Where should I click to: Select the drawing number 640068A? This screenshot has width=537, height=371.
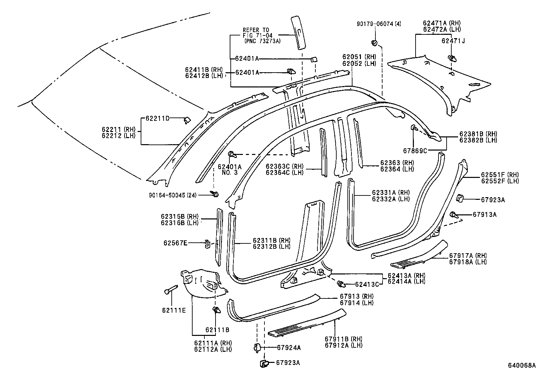pyautogui.click(x=522, y=365)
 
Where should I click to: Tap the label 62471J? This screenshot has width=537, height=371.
pyautogui.click(x=453, y=41)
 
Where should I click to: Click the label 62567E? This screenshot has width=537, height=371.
pyautogui.click(x=175, y=242)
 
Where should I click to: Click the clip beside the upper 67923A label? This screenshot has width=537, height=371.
pyautogui.click(x=460, y=198)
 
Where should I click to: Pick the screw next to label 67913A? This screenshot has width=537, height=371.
pyautogui.click(x=454, y=214)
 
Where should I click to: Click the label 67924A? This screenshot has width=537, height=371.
pyautogui.click(x=289, y=347)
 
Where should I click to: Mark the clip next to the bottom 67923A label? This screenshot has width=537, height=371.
pyautogui.click(x=263, y=363)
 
